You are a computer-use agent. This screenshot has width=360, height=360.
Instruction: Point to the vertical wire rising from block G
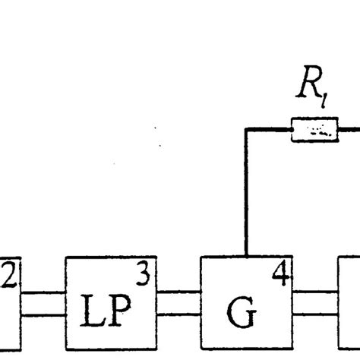click(246, 197)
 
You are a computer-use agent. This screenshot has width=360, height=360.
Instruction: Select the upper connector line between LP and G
click(179, 291)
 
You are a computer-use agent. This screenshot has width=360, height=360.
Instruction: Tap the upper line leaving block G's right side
click(314, 291)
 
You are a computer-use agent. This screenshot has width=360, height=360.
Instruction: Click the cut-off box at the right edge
click(349, 304)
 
